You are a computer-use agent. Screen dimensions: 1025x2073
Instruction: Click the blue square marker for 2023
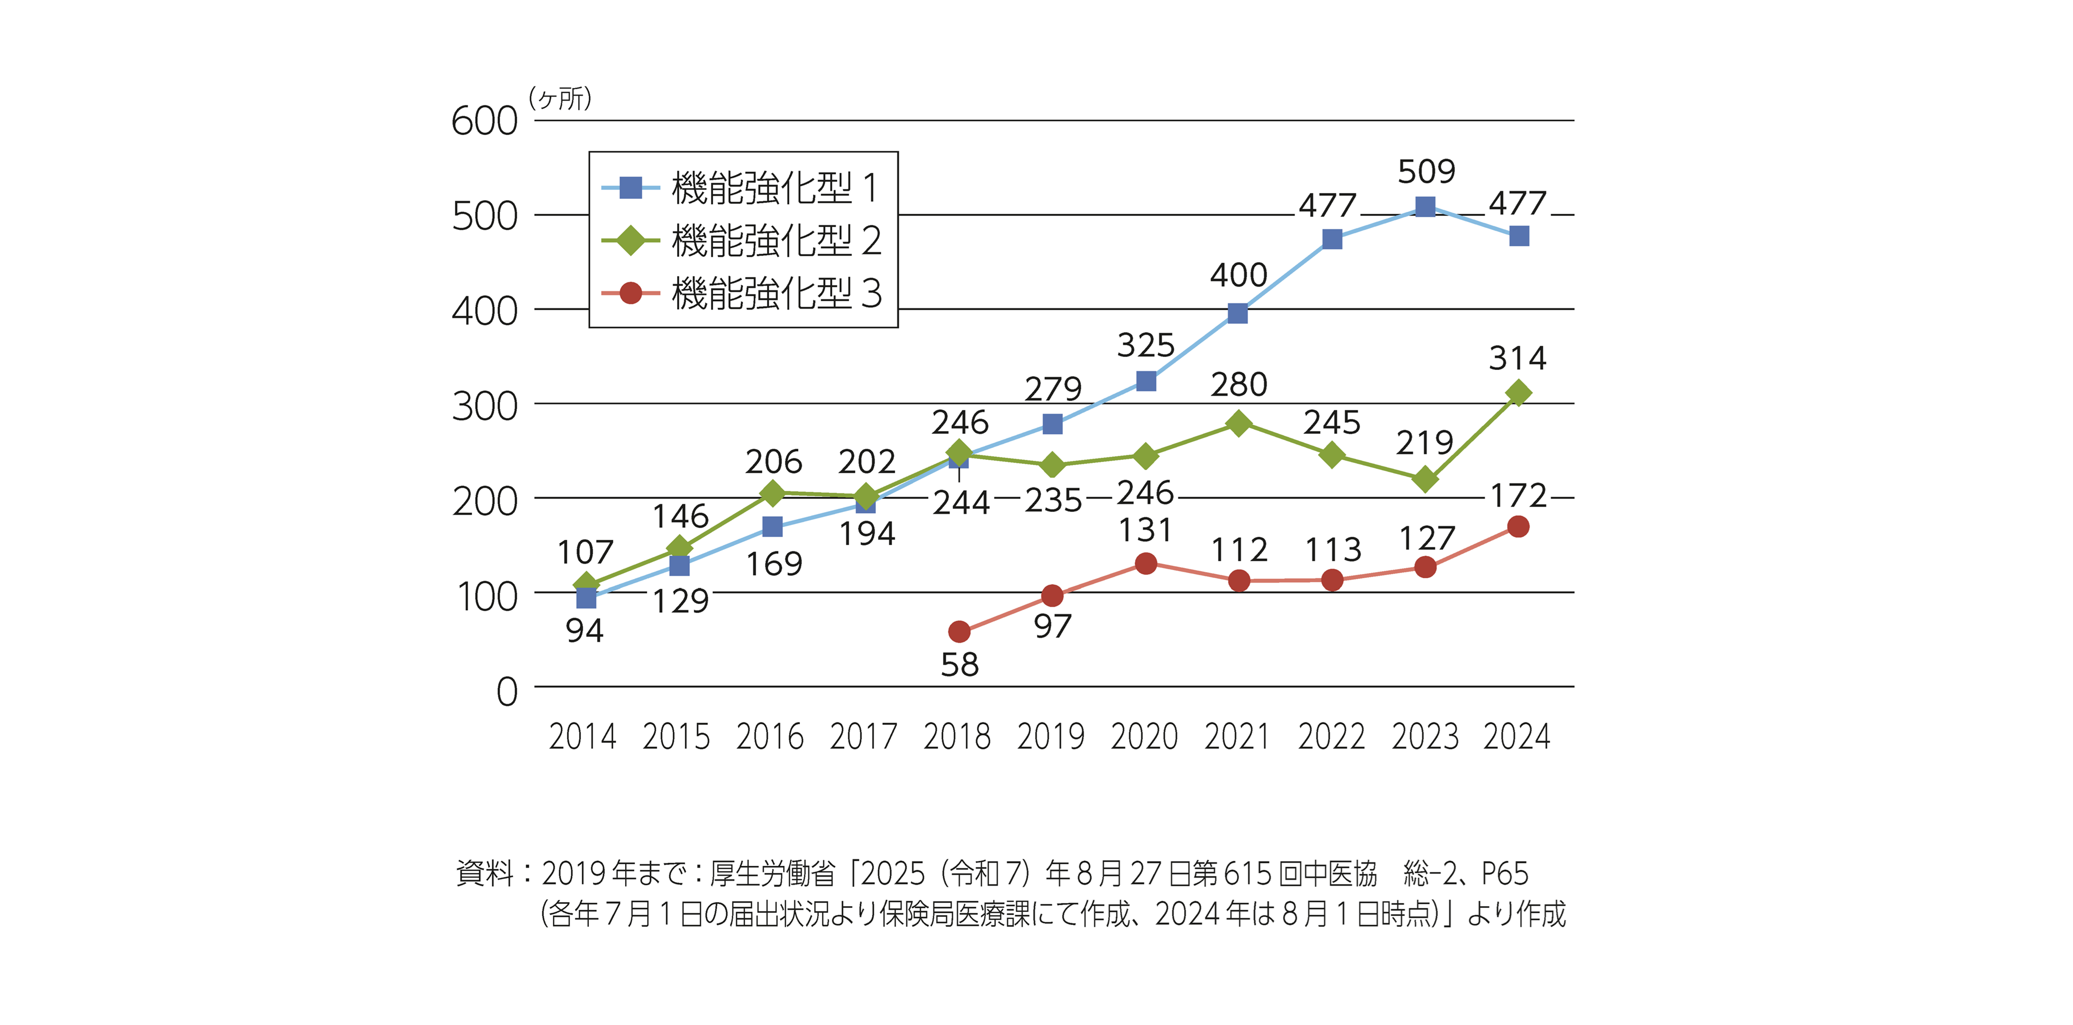[x=1425, y=207]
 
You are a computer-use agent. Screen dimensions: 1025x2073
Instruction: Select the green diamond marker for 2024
[x=1518, y=393]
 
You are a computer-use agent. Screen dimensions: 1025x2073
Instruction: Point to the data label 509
[x=1426, y=171]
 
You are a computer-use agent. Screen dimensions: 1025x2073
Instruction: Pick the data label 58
[x=959, y=665]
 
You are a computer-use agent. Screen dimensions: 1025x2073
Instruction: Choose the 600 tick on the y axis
[x=484, y=122]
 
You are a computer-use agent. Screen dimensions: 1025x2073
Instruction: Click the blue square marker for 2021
[x=1238, y=313]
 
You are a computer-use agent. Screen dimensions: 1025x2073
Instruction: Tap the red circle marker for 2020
[x=1146, y=564]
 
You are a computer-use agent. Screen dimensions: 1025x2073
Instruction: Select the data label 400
[x=1238, y=275]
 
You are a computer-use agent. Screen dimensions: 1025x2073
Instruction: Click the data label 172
[x=1519, y=496]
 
